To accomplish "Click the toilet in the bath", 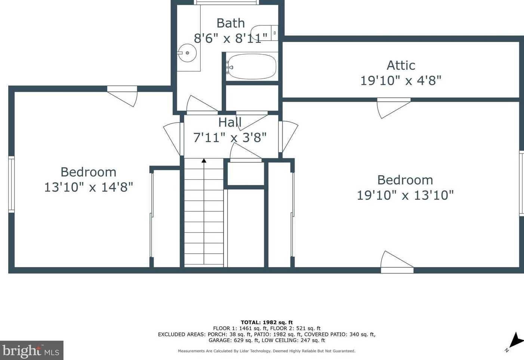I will pos(264,33).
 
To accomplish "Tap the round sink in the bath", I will pos(187,53).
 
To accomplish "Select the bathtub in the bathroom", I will pos(252,67).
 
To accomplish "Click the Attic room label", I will pos(401,65).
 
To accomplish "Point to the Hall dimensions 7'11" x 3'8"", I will pos(229,137).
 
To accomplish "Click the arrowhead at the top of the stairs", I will pos(204,161).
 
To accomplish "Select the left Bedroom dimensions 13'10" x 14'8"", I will pos(89,187).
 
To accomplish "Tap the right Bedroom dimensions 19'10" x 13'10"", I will pos(405,195).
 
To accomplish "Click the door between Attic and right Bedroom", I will pos(393,106).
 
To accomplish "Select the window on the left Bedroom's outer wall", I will pos(11,184).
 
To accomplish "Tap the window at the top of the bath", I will pos(227,2).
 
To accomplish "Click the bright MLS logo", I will pos(31,351).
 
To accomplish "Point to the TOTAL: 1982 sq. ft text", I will pos(266,322).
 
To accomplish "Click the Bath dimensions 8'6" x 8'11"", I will pos(230,38).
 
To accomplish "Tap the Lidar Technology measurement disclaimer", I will pos(266,351).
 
